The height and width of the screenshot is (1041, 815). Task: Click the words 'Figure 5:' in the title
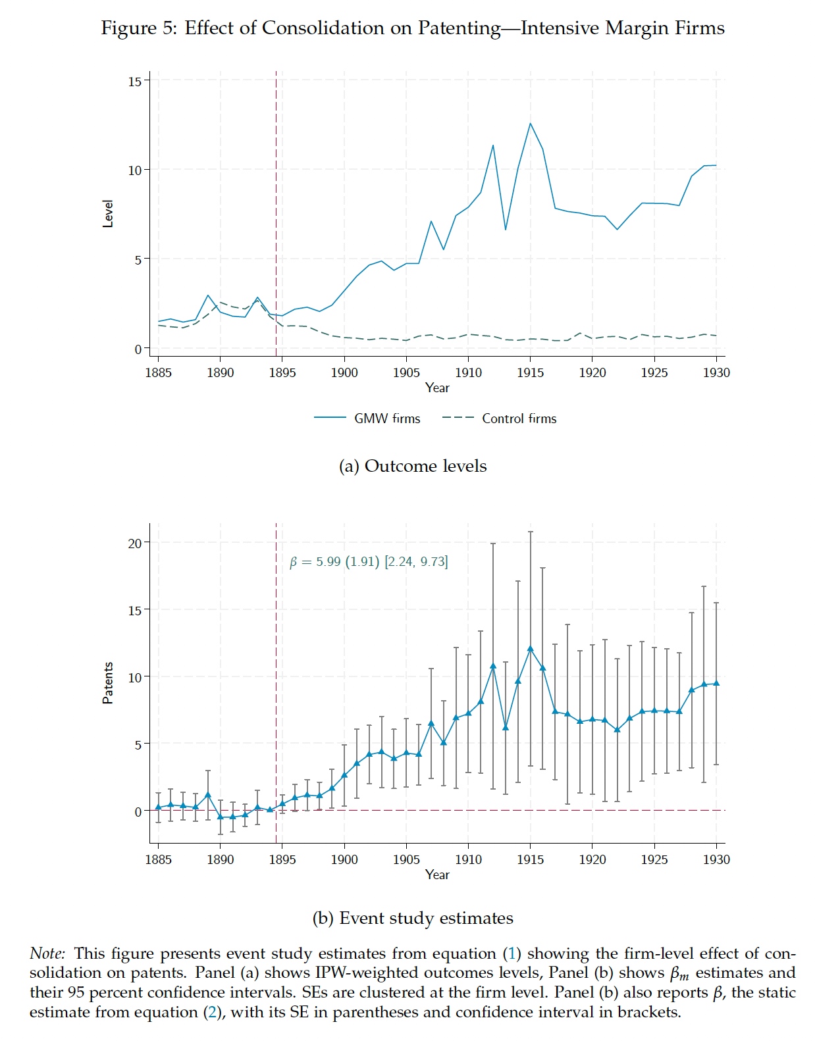pyautogui.click(x=138, y=28)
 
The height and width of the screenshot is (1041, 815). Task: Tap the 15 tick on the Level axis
pyautogui.click(x=134, y=81)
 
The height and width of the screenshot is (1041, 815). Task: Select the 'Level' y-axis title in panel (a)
pyautogui.click(x=108, y=214)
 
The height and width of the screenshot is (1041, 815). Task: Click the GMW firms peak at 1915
pyautogui.click(x=530, y=124)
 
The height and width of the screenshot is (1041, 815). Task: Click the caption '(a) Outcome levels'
pyautogui.click(x=413, y=466)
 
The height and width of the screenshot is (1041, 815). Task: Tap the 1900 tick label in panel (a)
pyautogui.click(x=344, y=372)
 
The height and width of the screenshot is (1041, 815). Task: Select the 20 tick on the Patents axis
pyautogui.click(x=134, y=543)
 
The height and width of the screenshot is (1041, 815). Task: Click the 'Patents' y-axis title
pyautogui.click(x=108, y=683)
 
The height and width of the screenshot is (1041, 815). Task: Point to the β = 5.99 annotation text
pyautogui.click(x=369, y=561)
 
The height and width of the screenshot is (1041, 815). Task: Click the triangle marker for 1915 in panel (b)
pyautogui.click(x=530, y=649)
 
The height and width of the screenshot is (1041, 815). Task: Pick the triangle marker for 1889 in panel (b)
pyautogui.click(x=208, y=795)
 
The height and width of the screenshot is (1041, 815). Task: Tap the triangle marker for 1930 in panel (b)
pyautogui.click(x=716, y=683)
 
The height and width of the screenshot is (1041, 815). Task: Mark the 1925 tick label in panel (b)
pyautogui.click(x=654, y=859)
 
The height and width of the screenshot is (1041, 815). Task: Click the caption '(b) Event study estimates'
pyautogui.click(x=413, y=918)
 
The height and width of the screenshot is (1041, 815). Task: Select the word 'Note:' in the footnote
pyautogui.click(x=47, y=953)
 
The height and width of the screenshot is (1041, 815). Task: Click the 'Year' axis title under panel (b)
pyautogui.click(x=437, y=875)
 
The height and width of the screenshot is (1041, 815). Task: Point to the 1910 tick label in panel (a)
pyautogui.click(x=468, y=372)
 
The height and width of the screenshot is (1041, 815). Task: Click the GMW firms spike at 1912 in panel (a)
pyautogui.click(x=493, y=145)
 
